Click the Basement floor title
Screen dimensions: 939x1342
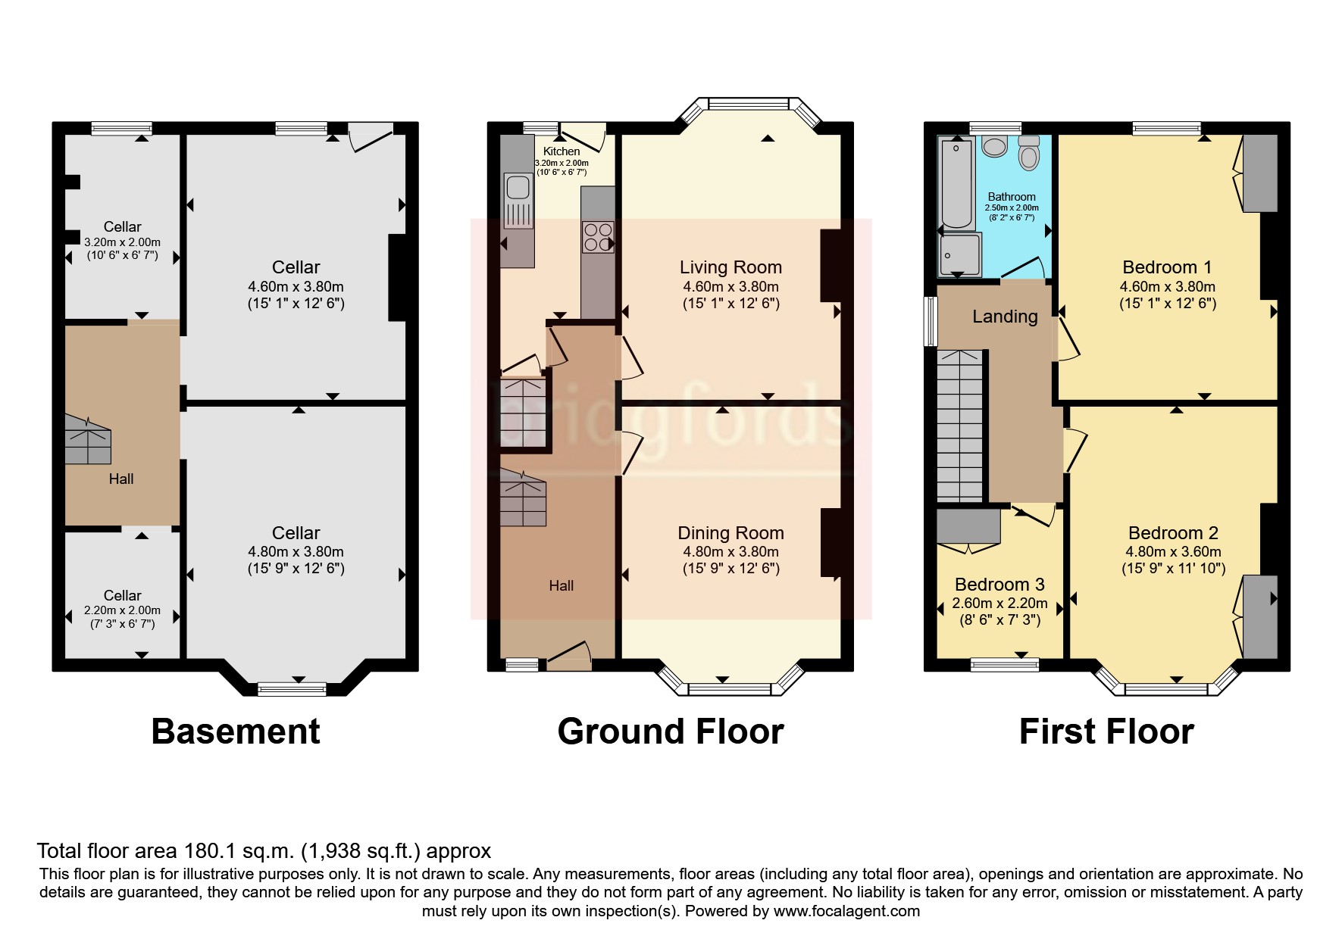(236, 732)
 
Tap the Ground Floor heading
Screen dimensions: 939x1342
(670, 732)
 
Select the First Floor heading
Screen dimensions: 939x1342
(1106, 732)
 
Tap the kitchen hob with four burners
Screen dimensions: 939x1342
(598, 236)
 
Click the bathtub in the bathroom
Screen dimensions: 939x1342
(956, 184)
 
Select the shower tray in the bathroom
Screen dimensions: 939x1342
(960, 254)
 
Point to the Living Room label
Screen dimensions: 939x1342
(730, 267)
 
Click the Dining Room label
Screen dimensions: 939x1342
(730, 533)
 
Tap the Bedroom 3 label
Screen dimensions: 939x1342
(999, 585)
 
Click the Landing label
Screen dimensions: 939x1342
(1005, 317)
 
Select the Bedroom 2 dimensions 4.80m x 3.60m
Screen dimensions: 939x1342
(1173, 552)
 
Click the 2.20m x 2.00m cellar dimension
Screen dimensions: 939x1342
(122, 610)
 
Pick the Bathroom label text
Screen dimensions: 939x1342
(1011, 197)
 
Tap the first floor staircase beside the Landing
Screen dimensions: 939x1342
(960, 426)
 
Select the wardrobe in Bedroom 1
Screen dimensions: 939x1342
(1259, 174)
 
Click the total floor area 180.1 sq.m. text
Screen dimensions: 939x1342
(264, 851)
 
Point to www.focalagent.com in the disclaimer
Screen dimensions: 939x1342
(846, 911)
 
